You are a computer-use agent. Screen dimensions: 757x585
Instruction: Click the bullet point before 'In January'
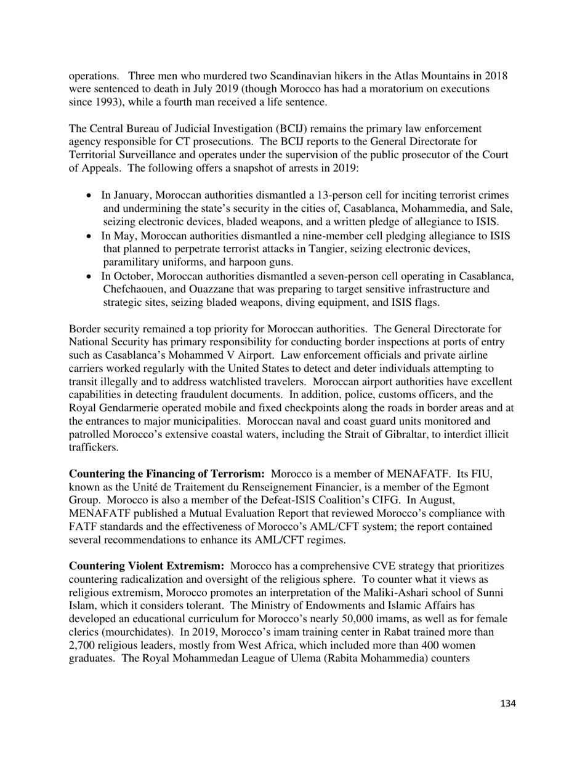click(x=89, y=195)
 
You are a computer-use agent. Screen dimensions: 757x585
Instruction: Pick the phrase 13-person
click(x=317, y=195)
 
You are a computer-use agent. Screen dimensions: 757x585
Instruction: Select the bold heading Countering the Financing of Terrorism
click(x=166, y=474)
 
